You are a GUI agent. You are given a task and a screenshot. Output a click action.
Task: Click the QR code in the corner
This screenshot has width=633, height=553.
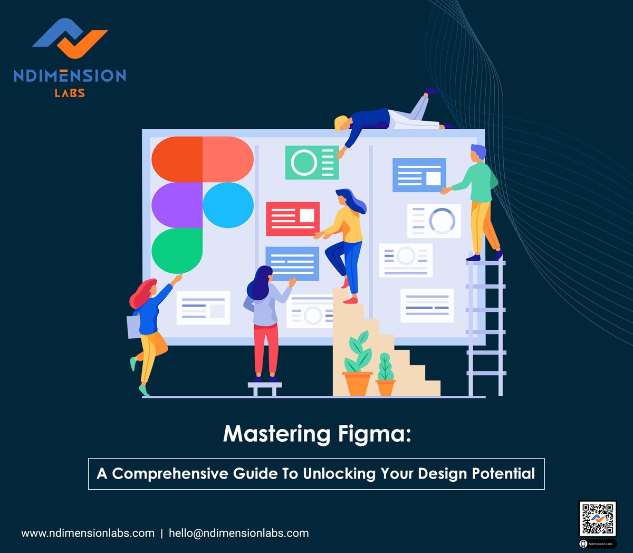tap(598, 519)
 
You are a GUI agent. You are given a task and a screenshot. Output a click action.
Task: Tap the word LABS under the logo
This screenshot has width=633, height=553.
tap(70, 93)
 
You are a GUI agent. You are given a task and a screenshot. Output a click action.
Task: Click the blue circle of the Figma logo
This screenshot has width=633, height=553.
tap(228, 205)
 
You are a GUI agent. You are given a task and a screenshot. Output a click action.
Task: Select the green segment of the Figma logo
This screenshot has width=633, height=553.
tap(177, 251)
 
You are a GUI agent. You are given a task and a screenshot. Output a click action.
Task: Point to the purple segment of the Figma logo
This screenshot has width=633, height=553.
tap(177, 205)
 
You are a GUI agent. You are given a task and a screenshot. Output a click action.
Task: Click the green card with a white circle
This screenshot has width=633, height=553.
tap(312, 163)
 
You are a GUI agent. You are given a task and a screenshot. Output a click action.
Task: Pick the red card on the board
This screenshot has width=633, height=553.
tap(292, 218)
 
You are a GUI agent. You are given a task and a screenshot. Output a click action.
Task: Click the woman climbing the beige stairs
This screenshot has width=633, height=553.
tap(346, 243)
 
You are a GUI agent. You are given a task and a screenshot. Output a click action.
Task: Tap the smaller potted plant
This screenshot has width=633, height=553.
tap(386, 376)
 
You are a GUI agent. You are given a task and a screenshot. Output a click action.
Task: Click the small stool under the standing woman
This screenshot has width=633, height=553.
tap(265, 388)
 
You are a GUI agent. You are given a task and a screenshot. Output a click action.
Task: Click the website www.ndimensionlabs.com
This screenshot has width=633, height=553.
tap(88, 533)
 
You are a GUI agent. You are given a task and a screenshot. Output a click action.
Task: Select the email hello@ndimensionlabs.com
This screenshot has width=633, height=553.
tap(238, 533)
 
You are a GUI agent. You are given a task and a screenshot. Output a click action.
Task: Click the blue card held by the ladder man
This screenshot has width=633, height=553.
tap(419, 175)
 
